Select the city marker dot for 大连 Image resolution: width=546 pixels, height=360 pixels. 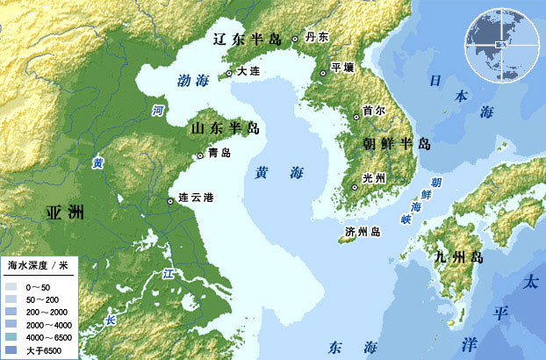coord(229,73)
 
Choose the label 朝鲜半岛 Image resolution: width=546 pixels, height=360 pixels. coord(397,144)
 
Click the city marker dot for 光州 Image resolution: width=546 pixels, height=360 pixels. coord(355,187)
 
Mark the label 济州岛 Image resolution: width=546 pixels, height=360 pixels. coord(363,232)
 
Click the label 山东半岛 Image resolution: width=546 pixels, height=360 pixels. coord(226,129)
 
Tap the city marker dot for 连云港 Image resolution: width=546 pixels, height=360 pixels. coord(170,203)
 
